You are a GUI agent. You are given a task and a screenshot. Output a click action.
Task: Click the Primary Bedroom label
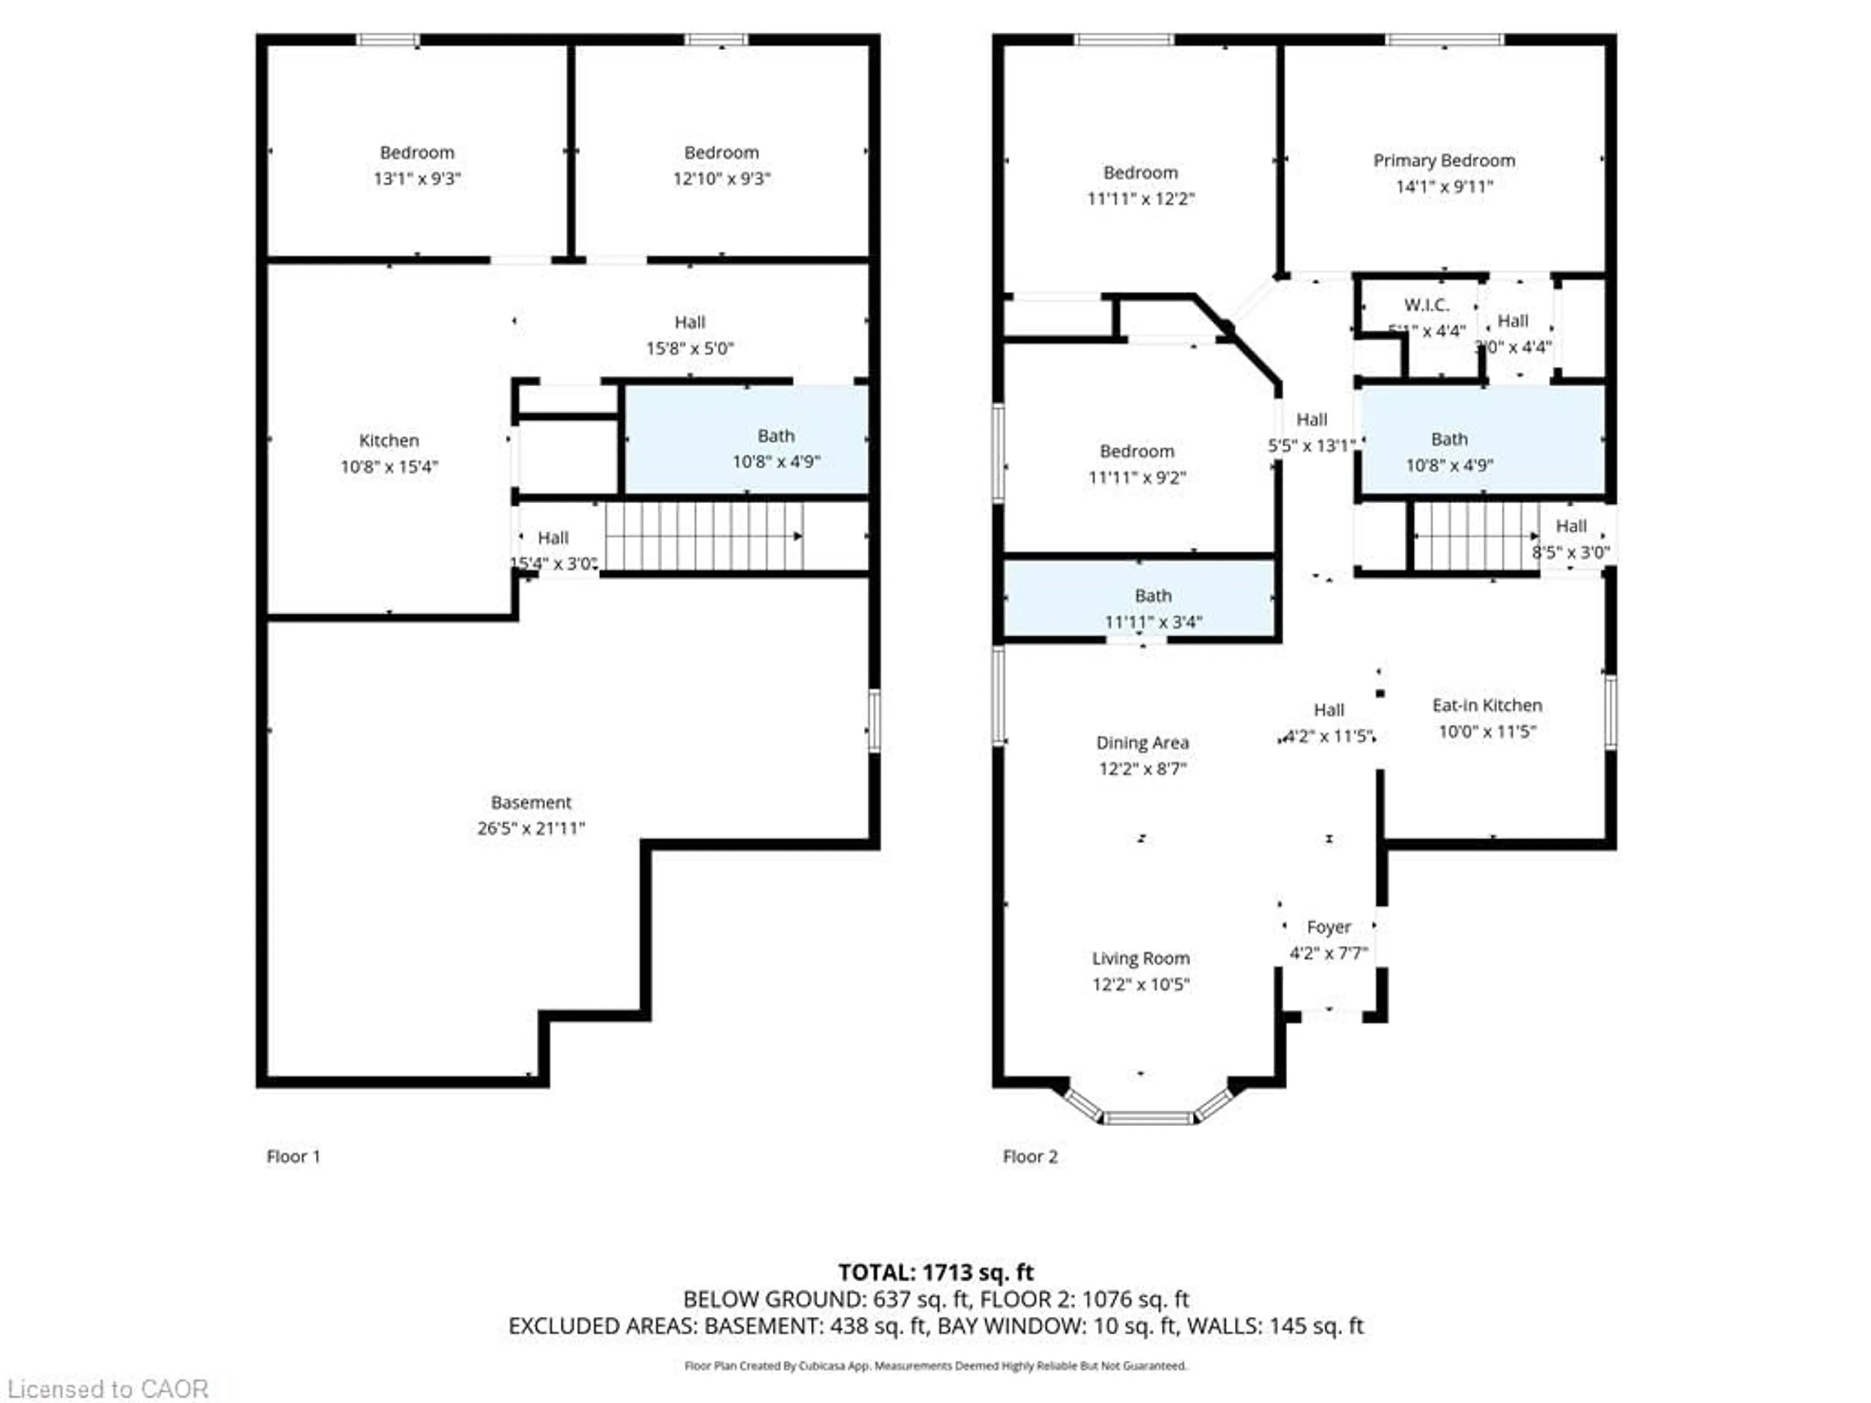click(1443, 161)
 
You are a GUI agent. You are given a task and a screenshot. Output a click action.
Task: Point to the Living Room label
click(1140, 958)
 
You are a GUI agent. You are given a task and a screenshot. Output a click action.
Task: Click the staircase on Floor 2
click(1475, 536)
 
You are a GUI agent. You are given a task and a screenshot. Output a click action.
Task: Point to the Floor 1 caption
click(293, 1156)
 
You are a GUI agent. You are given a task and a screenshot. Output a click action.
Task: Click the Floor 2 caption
click(1030, 1156)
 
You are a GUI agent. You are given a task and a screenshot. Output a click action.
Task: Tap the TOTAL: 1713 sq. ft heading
click(935, 1272)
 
